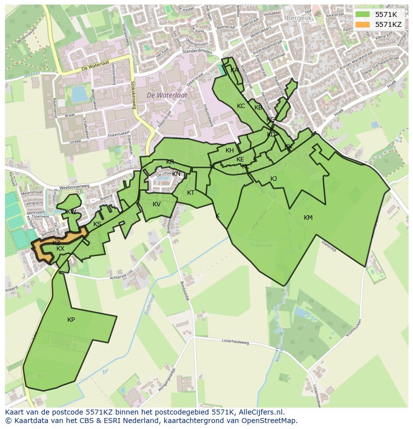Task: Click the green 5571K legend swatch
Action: pos(363,14)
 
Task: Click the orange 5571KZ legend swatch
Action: pos(363,24)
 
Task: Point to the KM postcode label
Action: pos(308,218)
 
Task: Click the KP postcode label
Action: pos(71,320)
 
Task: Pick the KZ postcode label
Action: pos(56,243)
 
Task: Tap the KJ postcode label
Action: pos(273,179)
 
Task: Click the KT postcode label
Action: pos(191,193)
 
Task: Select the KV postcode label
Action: pos(157,204)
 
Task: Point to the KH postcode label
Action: pos(229,150)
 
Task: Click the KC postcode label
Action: pos(241,106)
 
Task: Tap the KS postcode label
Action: pos(97,224)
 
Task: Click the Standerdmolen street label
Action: pos(197,51)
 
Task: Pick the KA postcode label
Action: pos(234,70)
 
